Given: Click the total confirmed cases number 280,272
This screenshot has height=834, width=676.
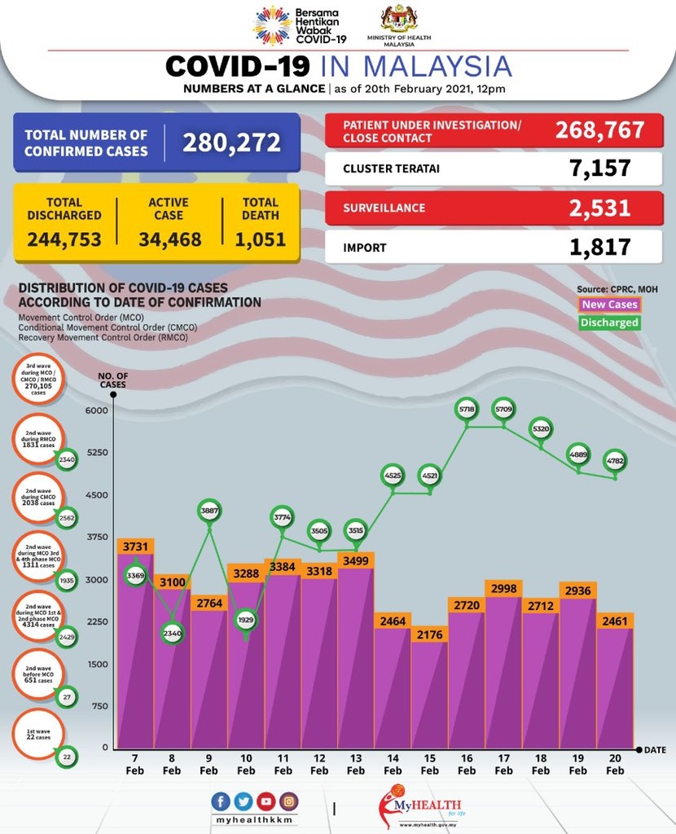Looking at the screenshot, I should [x=231, y=143].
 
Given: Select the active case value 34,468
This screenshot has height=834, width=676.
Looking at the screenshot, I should [x=169, y=239].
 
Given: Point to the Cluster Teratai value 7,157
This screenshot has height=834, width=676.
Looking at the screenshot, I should [x=601, y=169].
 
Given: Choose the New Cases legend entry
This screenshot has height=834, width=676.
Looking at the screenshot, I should [x=610, y=305].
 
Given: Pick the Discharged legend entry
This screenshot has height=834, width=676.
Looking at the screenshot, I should [x=609, y=322].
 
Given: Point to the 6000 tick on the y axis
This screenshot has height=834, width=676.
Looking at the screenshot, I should [x=96, y=410].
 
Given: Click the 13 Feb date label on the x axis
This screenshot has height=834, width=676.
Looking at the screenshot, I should [x=356, y=765].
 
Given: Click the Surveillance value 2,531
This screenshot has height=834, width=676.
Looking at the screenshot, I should [x=601, y=207].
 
